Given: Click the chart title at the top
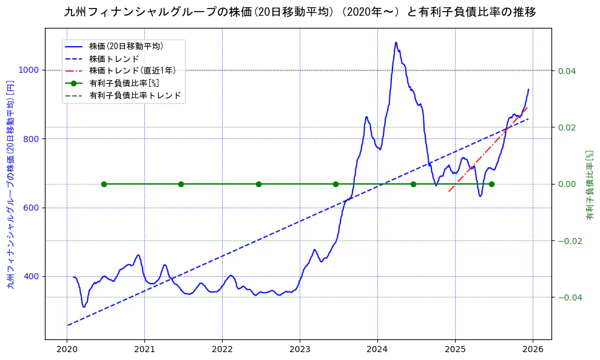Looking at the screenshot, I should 300,12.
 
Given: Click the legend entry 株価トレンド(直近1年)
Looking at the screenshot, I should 131,70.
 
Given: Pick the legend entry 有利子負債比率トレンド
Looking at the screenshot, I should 135,96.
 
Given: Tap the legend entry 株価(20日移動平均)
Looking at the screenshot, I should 126,46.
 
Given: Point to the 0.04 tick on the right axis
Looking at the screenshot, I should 567,71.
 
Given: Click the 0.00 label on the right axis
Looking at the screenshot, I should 567,184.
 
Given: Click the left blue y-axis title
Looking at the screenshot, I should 10,183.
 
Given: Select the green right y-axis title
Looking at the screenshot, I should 589,185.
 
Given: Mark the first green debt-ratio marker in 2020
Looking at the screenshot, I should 104,184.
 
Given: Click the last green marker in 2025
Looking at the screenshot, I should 491,184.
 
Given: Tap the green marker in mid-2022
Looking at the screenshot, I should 258,184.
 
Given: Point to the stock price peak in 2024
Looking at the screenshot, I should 396,42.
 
